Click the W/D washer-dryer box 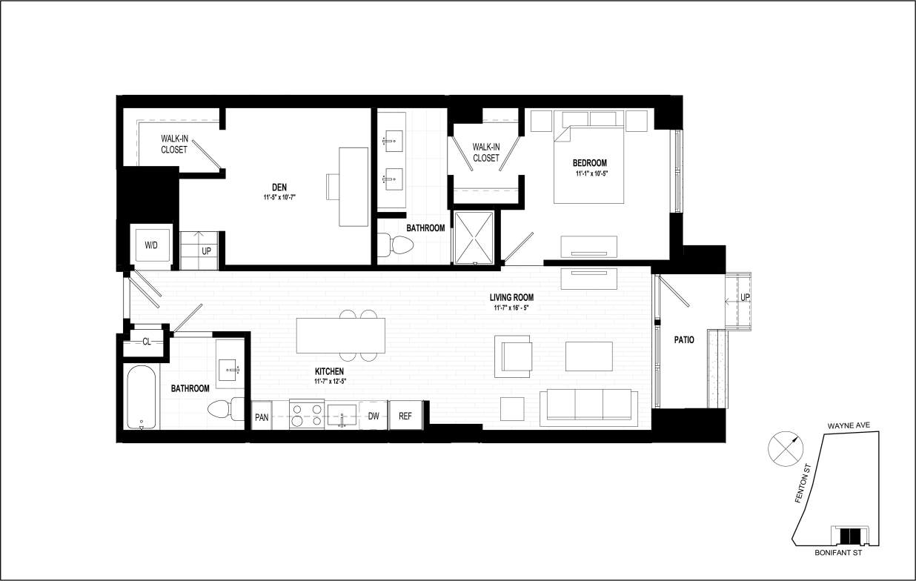pyautogui.click(x=151, y=244)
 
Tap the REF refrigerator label pyautogui.click(x=405, y=416)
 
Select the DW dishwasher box pyautogui.click(x=374, y=416)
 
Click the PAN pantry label pyautogui.click(x=262, y=416)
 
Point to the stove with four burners pyautogui.click(x=306, y=414)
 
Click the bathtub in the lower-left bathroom pyautogui.click(x=142, y=397)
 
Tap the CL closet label pyautogui.click(x=147, y=342)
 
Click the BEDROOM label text pyautogui.click(x=589, y=163)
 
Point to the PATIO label pyautogui.click(x=683, y=340)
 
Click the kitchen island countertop pyautogui.click(x=340, y=336)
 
